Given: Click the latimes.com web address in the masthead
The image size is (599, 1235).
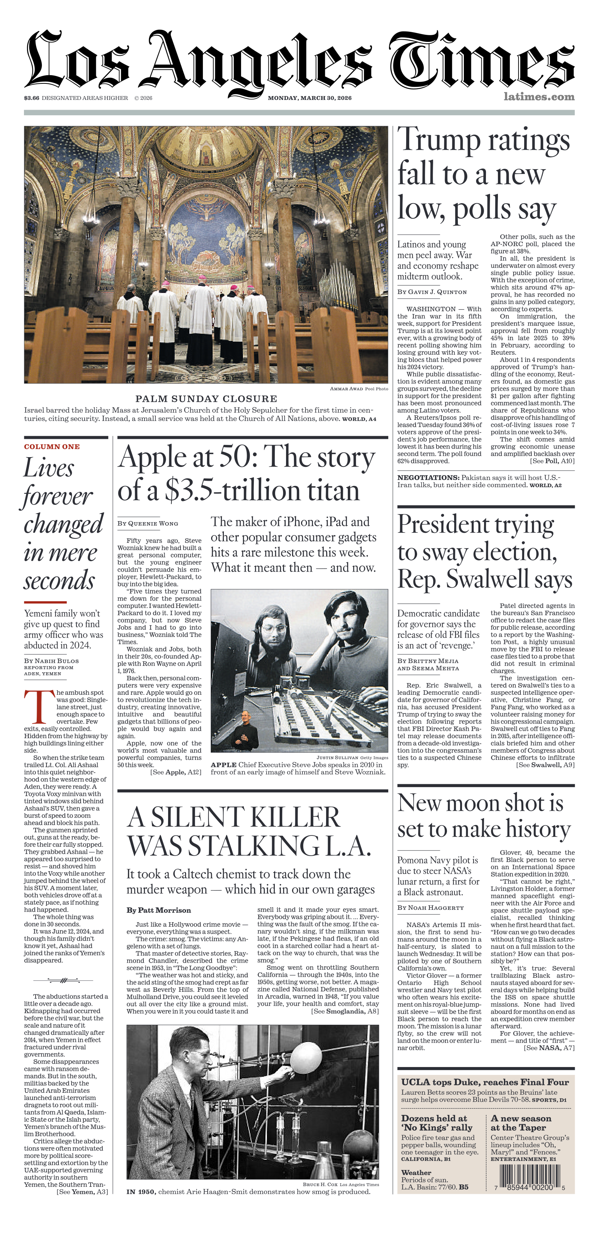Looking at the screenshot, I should pos(539,97).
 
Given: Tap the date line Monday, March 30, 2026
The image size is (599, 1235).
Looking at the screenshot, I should pos(309,98).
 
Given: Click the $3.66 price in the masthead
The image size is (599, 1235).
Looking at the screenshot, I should pos(32,98).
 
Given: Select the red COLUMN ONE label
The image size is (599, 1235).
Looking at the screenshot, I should pos(52,446).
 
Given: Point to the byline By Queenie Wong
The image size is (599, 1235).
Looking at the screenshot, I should pos(148,523).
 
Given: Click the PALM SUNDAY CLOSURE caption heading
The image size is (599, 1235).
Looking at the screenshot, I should pos(206,398).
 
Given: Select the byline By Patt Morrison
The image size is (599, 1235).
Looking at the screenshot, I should pos(159,910).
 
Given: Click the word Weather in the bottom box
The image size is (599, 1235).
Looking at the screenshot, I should pos(416,1172).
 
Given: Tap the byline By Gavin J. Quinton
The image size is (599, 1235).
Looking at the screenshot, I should pos(432,291).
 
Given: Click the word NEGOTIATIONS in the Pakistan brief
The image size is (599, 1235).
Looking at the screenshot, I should pos(428,477).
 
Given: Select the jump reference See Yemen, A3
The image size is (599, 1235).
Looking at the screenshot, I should pos(82,1191).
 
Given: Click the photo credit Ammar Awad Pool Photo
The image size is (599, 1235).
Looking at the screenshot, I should pos(359,389).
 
